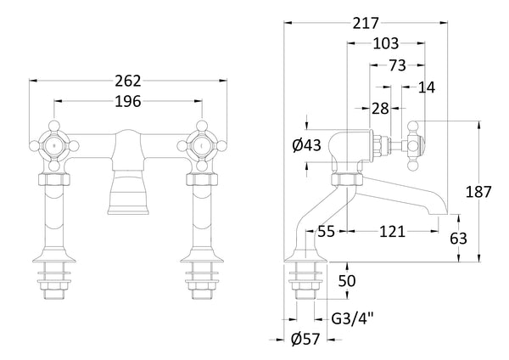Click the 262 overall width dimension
[129, 82]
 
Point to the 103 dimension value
[385, 44]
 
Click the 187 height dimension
[479, 192]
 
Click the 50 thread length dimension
[347, 281]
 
